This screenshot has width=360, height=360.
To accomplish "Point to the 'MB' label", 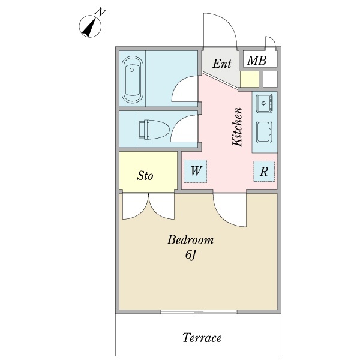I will (x=257, y=61).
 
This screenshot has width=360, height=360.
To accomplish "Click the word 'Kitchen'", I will (x=237, y=127).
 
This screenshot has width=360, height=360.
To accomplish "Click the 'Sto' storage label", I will (x=145, y=176).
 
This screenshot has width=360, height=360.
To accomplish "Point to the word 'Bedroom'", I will (x=190, y=240).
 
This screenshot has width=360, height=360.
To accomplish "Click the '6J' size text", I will (x=190, y=256).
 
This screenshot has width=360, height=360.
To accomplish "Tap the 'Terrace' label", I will (x=202, y=338).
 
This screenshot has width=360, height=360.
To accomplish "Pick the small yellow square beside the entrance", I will (x=249, y=79).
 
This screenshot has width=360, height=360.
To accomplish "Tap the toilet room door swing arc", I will (x=183, y=129).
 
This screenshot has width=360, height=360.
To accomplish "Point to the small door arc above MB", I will (x=269, y=42).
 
